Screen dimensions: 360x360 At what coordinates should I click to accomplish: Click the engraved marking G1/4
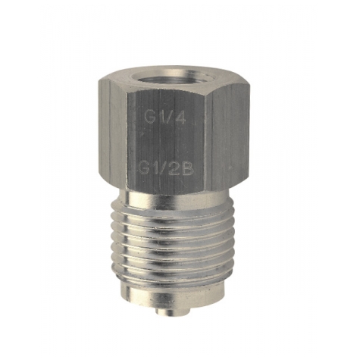[x=165, y=117]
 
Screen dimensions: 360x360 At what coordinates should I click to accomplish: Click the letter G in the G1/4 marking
[x=150, y=117]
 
